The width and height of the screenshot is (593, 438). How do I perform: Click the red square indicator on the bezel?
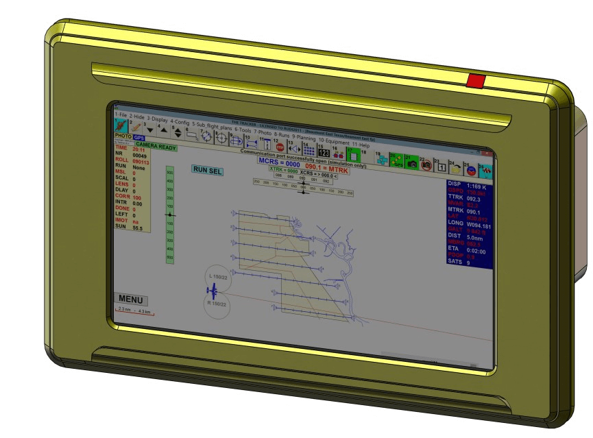(x=475, y=82)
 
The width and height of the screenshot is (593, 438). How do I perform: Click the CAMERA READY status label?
(x=156, y=146)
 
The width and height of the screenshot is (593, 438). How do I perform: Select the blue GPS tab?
(x=139, y=138)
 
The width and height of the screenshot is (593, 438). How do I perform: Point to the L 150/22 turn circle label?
(x=218, y=276)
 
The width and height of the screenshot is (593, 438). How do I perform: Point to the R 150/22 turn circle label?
(x=217, y=302)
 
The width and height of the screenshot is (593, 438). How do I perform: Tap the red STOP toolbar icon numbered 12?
(x=280, y=146)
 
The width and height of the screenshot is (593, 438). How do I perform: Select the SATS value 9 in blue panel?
(x=468, y=263)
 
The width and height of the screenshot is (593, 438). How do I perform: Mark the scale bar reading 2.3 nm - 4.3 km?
(x=134, y=311)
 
